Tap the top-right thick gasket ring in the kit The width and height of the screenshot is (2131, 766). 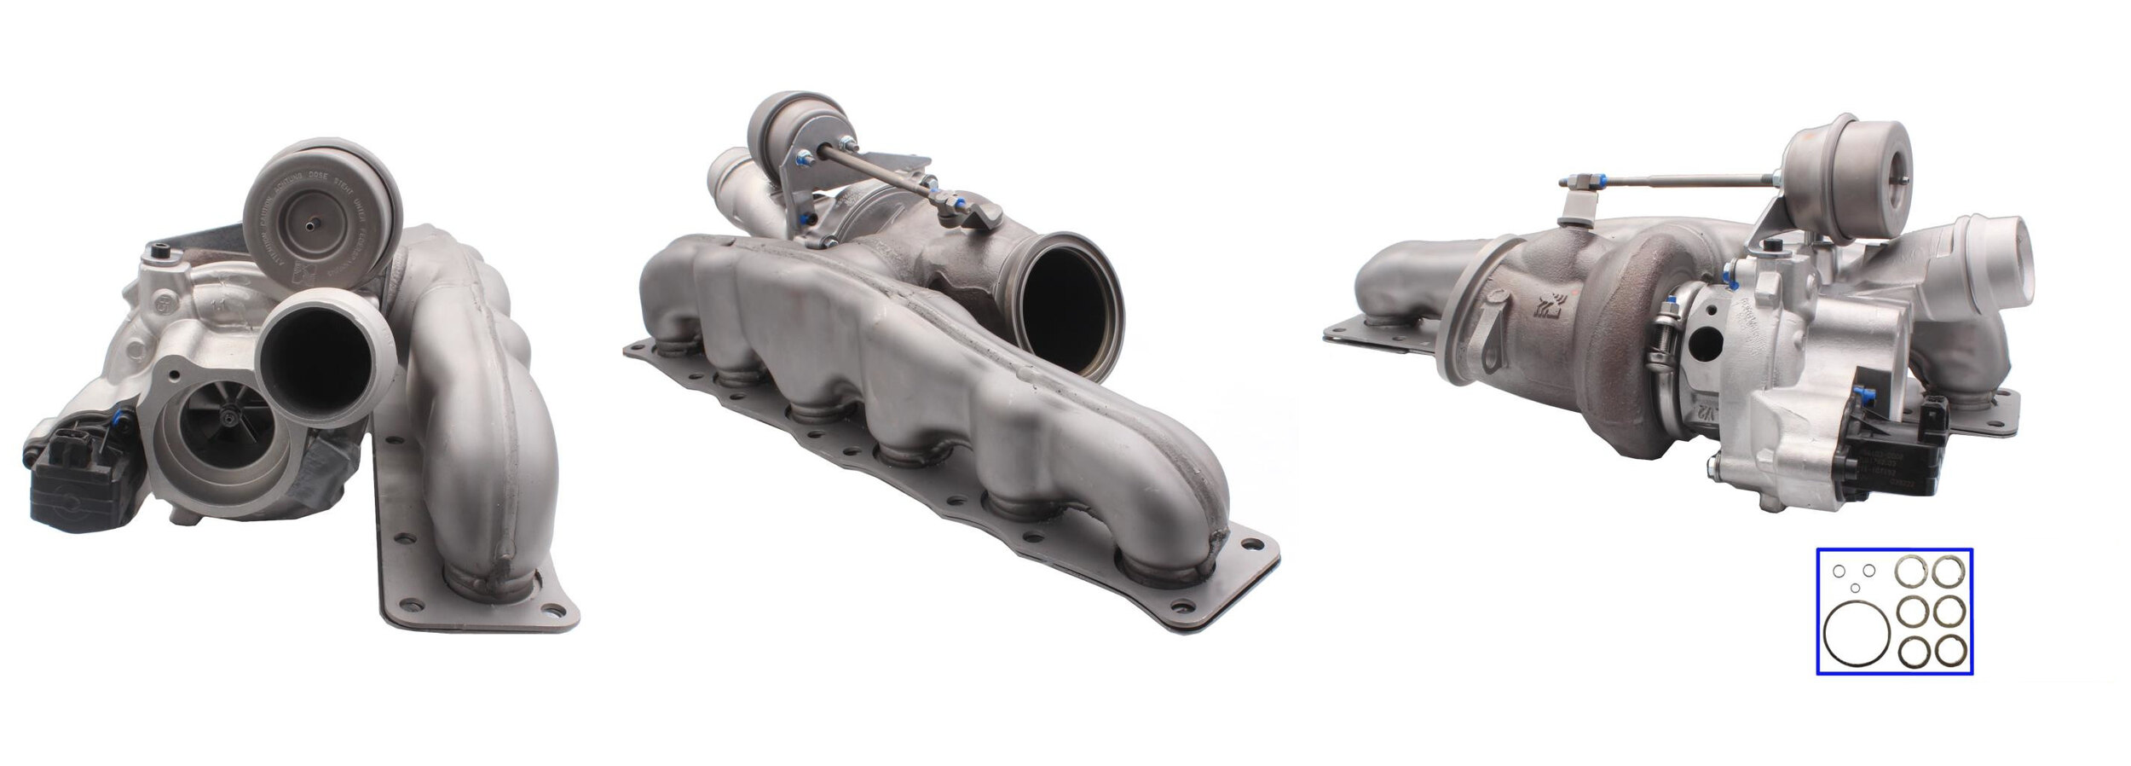coord(1949,572)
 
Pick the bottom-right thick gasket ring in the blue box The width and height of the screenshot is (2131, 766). coord(1949,651)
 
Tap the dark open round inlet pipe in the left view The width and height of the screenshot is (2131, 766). coord(315,354)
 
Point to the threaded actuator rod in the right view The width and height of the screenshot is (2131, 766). coord(1671,181)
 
